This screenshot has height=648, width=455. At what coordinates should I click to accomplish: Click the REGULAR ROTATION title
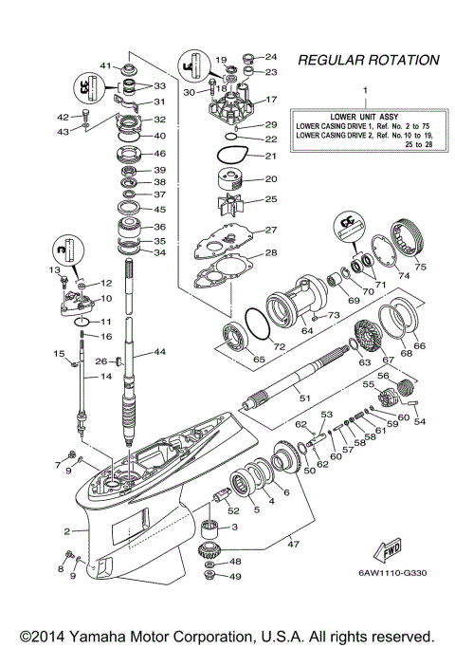(x=369, y=60)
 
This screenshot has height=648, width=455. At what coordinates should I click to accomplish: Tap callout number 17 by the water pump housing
(x=270, y=100)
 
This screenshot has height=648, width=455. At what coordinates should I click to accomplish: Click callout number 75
(x=421, y=268)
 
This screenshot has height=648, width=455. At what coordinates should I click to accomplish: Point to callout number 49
(x=236, y=576)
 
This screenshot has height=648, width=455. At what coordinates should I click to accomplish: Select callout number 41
(x=107, y=65)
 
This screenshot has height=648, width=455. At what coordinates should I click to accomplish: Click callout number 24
(x=270, y=56)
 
